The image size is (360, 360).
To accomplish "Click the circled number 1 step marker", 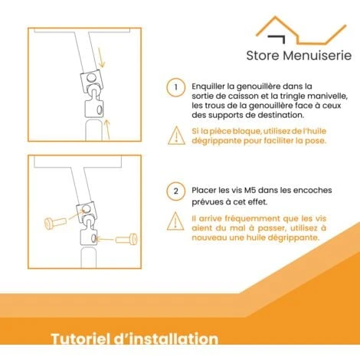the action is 176,87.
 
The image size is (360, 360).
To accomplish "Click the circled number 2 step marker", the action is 176,191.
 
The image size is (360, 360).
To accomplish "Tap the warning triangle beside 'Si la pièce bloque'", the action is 176,136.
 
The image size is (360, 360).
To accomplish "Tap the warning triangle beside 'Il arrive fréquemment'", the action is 175,221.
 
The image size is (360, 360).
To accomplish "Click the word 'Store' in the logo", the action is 263,55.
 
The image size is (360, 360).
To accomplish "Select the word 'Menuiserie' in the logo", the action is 317,55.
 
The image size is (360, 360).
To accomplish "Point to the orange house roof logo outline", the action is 301,30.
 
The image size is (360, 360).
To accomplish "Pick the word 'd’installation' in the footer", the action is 165,339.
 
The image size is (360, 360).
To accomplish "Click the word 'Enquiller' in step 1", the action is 208,87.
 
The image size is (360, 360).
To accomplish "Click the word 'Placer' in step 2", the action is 204,190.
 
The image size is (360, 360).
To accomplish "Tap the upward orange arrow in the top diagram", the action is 107,129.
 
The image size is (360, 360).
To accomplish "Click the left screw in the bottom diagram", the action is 55,223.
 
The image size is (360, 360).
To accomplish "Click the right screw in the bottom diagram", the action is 126,240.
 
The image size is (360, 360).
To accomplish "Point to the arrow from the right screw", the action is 105,240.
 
